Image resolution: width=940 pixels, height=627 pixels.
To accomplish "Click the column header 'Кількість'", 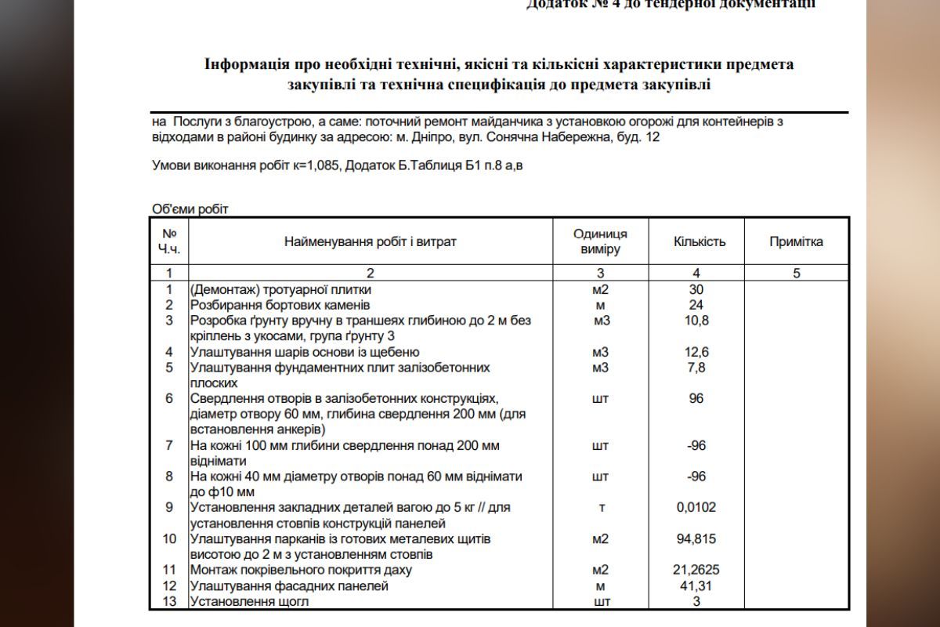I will (699, 241).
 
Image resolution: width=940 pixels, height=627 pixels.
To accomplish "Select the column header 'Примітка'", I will (796, 241).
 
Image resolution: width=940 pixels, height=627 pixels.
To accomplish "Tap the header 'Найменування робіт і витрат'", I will (370, 241).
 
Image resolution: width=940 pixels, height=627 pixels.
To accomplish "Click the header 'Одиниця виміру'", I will (600, 241).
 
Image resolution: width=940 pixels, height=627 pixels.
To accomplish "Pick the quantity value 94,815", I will (696, 539).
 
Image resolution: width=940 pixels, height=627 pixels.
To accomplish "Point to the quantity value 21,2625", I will (696, 571).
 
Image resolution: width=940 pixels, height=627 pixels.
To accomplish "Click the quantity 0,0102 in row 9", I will (696, 508).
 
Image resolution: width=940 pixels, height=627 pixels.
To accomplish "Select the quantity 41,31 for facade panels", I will (696, 586).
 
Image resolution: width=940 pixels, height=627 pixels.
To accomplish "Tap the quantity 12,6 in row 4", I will (696, 352).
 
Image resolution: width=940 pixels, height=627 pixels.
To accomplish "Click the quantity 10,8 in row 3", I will (696, 321).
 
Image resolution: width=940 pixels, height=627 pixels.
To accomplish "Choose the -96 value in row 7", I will (696, 445).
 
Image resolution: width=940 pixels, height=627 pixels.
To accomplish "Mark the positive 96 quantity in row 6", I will (696, 398).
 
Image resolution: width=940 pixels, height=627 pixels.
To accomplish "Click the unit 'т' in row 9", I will (601, 508).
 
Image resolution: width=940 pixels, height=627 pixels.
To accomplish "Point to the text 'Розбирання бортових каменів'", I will (280, 305).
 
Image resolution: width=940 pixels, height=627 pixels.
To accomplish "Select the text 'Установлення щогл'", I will (250, 602).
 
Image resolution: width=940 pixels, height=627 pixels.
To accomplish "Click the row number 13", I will (169, 602).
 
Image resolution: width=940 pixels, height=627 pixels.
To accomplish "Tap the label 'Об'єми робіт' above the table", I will (190, 208).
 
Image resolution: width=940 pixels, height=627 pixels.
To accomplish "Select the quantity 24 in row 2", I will (696, 305).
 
